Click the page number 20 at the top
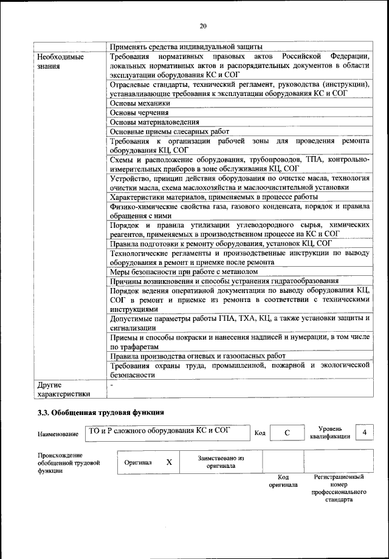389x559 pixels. point(203,26)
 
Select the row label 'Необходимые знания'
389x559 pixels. point(59,61)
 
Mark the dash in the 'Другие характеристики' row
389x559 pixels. point(112,385)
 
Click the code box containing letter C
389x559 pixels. point(287,433)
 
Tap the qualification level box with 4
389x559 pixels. point(364,432)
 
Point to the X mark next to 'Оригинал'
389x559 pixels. point(170,462)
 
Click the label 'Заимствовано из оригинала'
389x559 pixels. point(221,462)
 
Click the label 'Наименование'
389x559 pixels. point(58,434)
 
